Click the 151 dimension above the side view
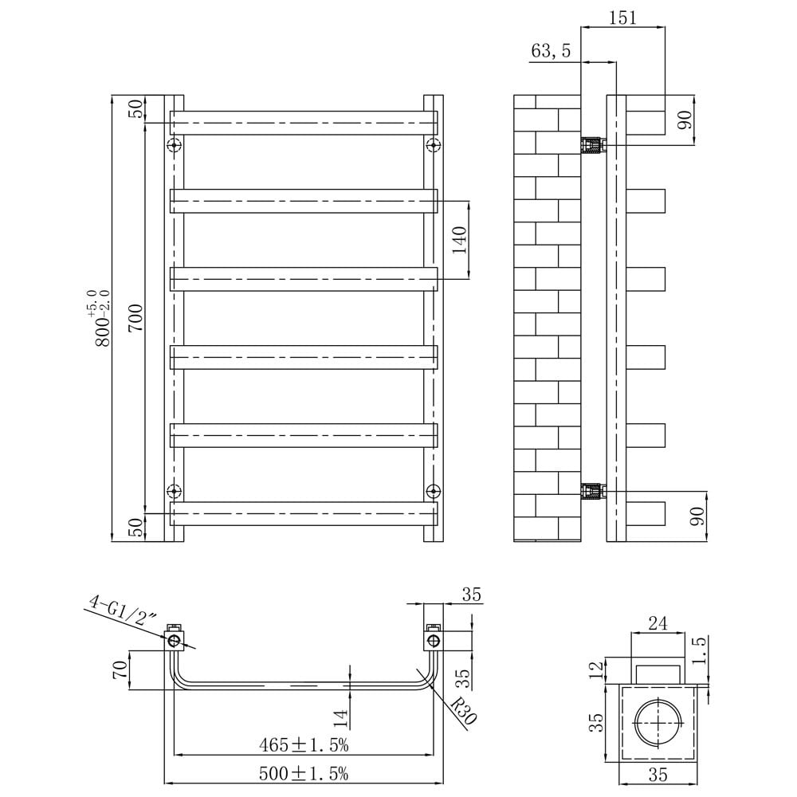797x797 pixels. click(x=623, y=18)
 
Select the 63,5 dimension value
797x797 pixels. click(x=551, y=52)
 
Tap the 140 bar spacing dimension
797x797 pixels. click(x=459, y=239)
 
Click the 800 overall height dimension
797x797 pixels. click(x=101, y=319)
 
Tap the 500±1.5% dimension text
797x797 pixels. click(x=303, y=773)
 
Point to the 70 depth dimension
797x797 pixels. click(x=120, y=669)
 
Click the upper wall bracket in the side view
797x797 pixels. click(x=592, y=146)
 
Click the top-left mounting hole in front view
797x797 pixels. click(x=175, y=145)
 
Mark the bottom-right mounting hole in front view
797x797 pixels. click(x=433, y=489)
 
